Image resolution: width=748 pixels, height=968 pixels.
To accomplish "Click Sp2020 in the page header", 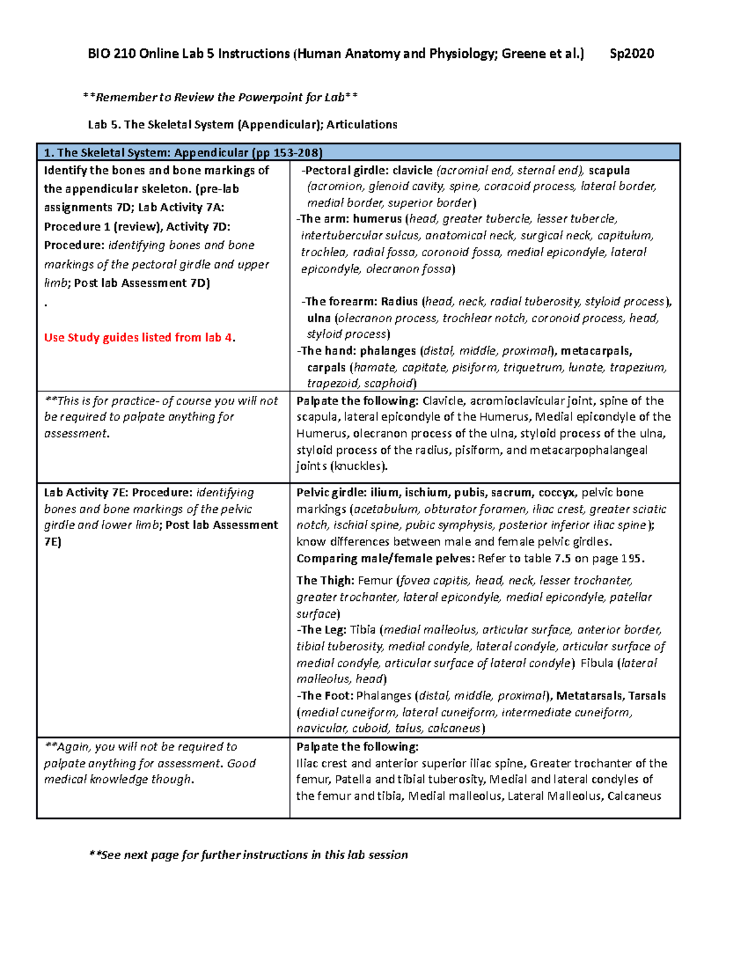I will click(x=631, y=54).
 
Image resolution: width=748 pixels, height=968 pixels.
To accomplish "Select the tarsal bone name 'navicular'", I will click(x=321, y=729).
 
